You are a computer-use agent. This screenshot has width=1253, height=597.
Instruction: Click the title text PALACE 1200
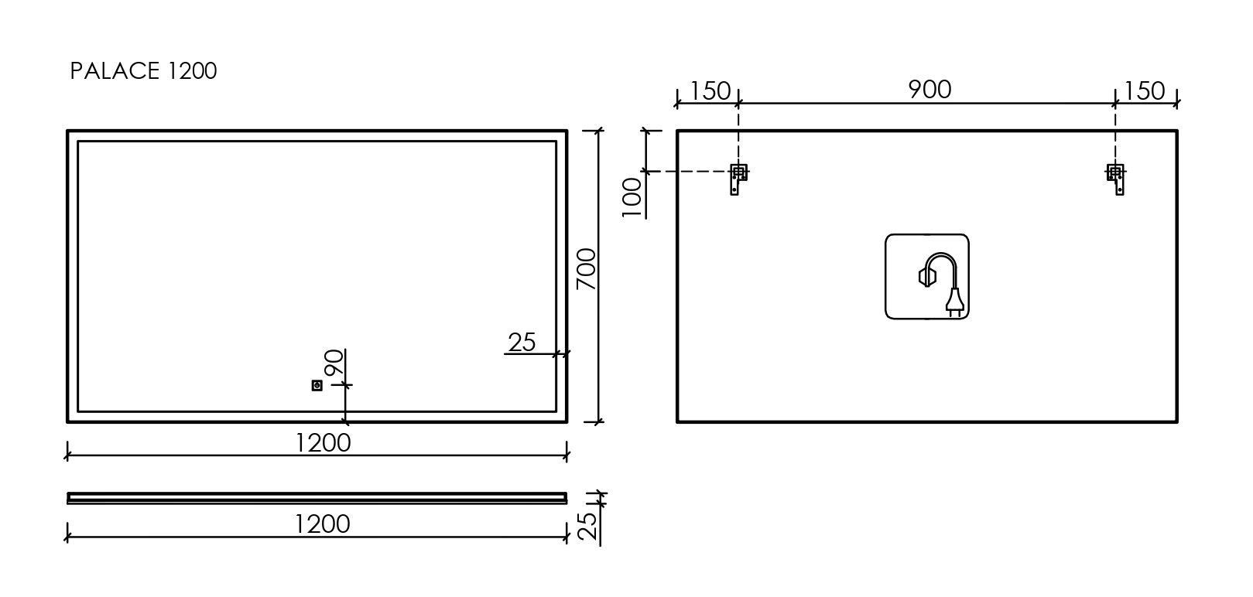pyautogui.click(x=143, y=71)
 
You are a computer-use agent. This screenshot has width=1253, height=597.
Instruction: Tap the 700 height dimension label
pyautogui.click(x=587, y=269)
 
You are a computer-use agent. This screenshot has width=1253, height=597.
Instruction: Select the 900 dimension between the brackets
pyautogui.click(x=929, y=90)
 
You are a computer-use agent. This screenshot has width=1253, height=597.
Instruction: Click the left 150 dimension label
pyautogui.click(x=710, y=91)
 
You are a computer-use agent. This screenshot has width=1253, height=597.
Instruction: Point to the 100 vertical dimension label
pyautogui.click(x=633, y=197)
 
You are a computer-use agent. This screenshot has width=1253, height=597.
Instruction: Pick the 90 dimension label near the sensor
pyautogui.click(x=334, y=363)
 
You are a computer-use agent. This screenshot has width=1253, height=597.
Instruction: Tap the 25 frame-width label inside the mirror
pyautogui.click(x=522, y=342)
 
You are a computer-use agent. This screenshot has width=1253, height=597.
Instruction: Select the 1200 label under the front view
pyautogui.click(x=323, y=443)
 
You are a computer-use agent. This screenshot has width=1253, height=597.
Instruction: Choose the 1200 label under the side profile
pyautogui.click(x=323, y=524)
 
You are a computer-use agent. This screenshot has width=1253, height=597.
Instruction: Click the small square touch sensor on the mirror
pyautogui.click(x=317, y=385)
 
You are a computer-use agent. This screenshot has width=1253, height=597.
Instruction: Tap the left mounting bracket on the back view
pyautogui.click(x=738, y=178)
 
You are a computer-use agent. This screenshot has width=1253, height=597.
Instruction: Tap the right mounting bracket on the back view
pyautogui.click(x=1116, y=178)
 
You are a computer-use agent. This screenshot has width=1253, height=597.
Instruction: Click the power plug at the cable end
pyautogui.click(x=954, y=302)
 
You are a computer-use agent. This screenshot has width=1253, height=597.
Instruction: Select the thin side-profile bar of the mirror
pyautogui.click(x=317, y=497)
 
